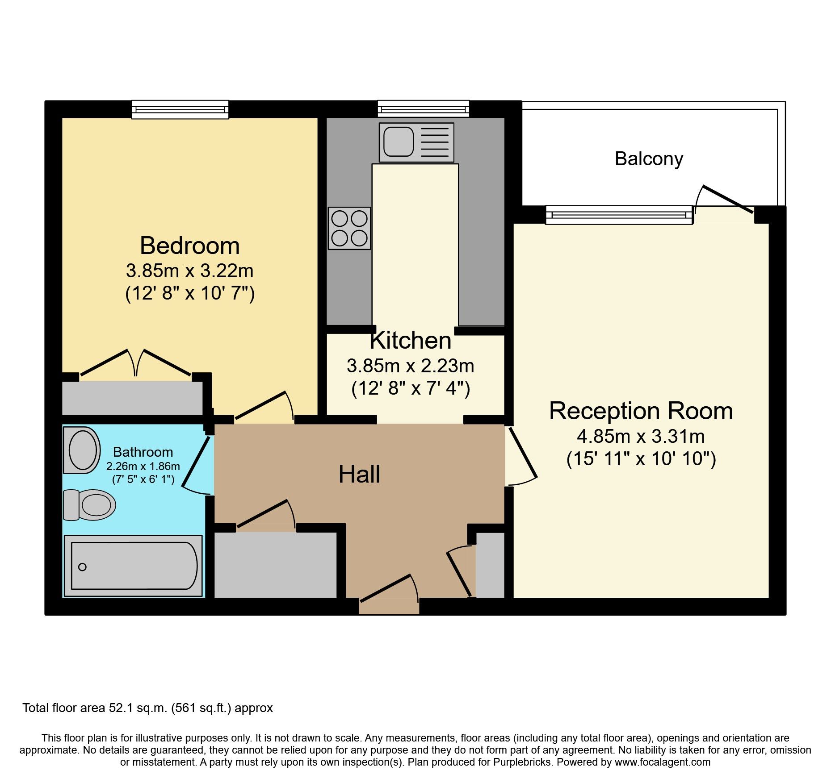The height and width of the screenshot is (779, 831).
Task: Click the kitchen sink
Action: coord(416,142)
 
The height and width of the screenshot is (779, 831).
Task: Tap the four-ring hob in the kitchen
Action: coord(349,228)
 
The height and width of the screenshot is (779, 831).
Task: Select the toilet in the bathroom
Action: coord(89,505)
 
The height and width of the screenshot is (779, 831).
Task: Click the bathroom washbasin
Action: coord(82,450)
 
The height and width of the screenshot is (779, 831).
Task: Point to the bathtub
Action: coord(133,566)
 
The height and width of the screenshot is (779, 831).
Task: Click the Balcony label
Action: coord(649,159)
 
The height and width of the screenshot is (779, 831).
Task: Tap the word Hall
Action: coord(359,474)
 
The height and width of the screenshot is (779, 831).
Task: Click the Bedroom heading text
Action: coord(190,246)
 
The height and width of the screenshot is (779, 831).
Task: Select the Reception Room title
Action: coord(641,411)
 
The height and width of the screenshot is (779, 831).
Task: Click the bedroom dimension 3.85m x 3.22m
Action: coord(190,271)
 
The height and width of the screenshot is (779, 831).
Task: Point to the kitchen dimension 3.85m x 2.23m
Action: coord(410,366)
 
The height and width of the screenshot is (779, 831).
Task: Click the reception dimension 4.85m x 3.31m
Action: coord(641,436)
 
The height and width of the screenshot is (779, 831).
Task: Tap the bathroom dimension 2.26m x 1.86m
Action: coord(143,467)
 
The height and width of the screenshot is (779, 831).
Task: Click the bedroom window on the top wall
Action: coord(180,109)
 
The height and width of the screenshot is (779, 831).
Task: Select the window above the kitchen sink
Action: coord(423,108)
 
